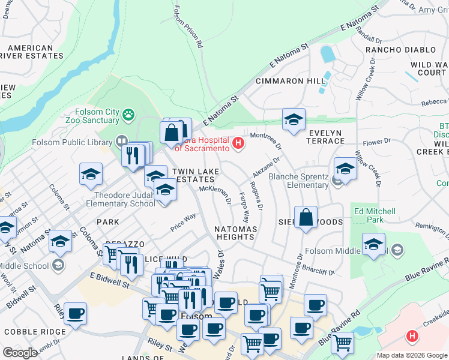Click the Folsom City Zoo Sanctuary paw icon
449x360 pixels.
(128, 113)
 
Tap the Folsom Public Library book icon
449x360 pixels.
(122, 140)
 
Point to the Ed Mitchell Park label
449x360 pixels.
(375, 216)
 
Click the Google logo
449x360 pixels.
(20, 352)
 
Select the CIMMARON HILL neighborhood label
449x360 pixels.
(291, 81)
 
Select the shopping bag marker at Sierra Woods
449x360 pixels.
(306, 218)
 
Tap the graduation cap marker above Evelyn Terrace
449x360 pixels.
(294, 119)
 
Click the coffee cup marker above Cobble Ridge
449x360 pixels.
(76, 314)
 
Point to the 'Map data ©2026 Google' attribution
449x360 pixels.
(412, 355)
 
